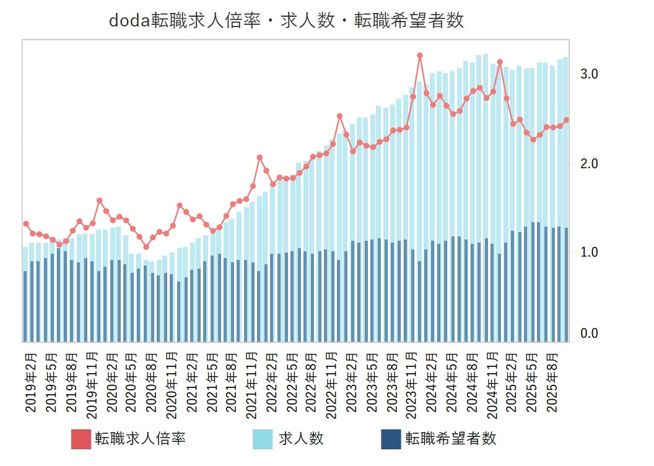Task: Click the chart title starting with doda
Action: pyautogui.click(x=286, y=20)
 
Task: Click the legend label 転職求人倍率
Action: pyautogui.click(x=140, y=439)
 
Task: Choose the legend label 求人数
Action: pyautogui.click(x=300, y=439)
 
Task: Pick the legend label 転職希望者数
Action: pyautogui.click(x=451, y=439)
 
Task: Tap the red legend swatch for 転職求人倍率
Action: pyautogui.click(x=81, y=439)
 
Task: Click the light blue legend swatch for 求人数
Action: pyautogui.click(x=263, y=439)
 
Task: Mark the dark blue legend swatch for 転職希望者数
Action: pyautogui.click(x=390, y=439)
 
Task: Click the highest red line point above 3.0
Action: pyautogui.click(x=419, y=55)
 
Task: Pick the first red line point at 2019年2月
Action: pyautogui.click(x=26, y=223)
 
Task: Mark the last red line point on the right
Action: pyautogui.click(x=566, y=120)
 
